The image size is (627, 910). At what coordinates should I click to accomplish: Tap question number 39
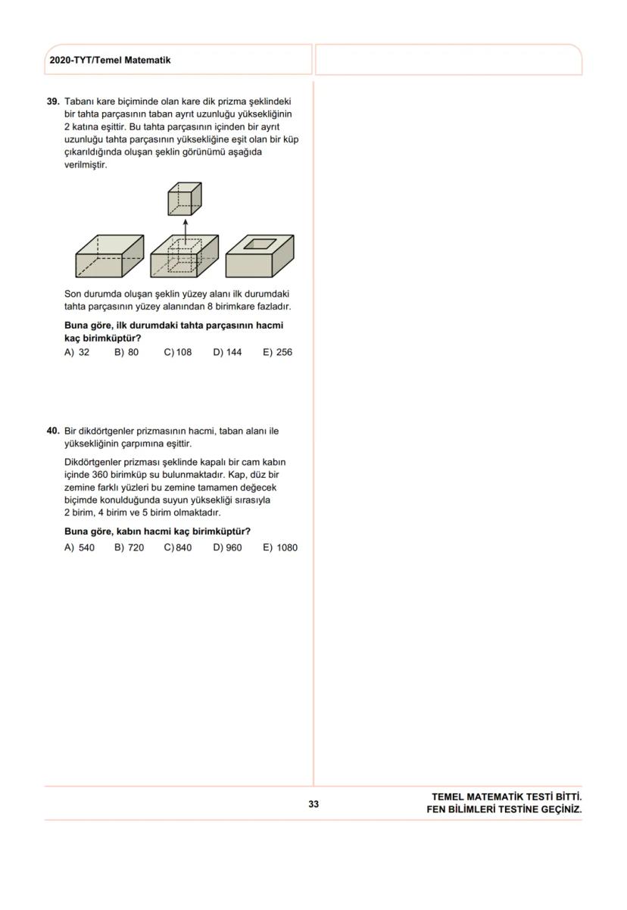pyautogui.click(x=53, y=101)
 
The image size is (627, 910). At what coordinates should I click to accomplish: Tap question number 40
pyautogui.click(x=53, y=432)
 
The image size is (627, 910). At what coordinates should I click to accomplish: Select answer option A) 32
pyautogui.click(x=77, y=353)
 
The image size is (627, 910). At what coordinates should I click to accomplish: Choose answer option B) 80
pyautogui.click(x=126, y=353)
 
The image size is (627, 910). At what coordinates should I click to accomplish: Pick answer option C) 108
pyautogui.click(x=178, y=353)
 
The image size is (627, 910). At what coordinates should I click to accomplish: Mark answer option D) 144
pyautogui.click(x=227, y=353)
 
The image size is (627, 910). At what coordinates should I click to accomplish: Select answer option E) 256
pyautogui.click(x=277, y=353)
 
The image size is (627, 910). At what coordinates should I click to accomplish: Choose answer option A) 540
pyautogui.click(x=80, y=548)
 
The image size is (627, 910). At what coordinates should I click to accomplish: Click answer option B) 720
pyautogui.click(x=129, y=548)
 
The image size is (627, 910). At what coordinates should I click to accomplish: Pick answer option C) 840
pyautogui.click(x=178, y=548)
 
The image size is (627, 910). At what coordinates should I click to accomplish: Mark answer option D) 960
pyautogui.click(x=227, y=548)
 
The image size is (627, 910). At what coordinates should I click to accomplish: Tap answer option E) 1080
pyautogui.click(x=280, y=548)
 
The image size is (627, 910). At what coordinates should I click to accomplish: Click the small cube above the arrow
pyautogui.click(x=185, y=199)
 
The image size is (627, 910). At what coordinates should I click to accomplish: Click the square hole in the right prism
pyautogui.click(x=260, y=244)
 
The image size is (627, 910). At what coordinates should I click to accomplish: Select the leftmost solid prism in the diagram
pyautogui.click(x=109, y=256)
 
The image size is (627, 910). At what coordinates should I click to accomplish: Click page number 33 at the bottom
pyautogui.click(x=313, y=804)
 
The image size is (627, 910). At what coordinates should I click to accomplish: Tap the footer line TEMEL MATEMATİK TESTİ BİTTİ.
pyautogui.click(x=506, y=797)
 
